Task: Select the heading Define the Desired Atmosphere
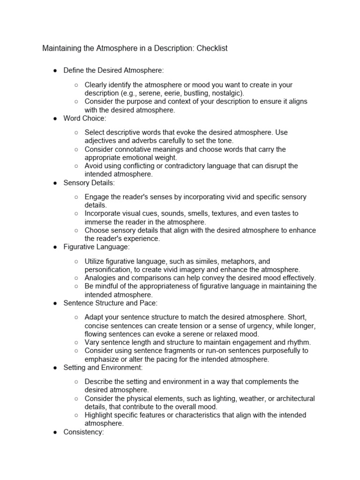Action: point(114,70)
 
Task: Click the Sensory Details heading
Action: point(89,183)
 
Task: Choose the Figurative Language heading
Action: point(97,247)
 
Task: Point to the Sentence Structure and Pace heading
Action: point(111,303)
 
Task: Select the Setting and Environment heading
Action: point(104,368)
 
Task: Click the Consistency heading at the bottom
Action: point(83,432)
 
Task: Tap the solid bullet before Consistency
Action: point(55,432)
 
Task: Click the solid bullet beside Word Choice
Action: point(55,119)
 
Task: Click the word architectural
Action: point(292,398)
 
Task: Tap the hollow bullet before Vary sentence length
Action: point(76,342)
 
